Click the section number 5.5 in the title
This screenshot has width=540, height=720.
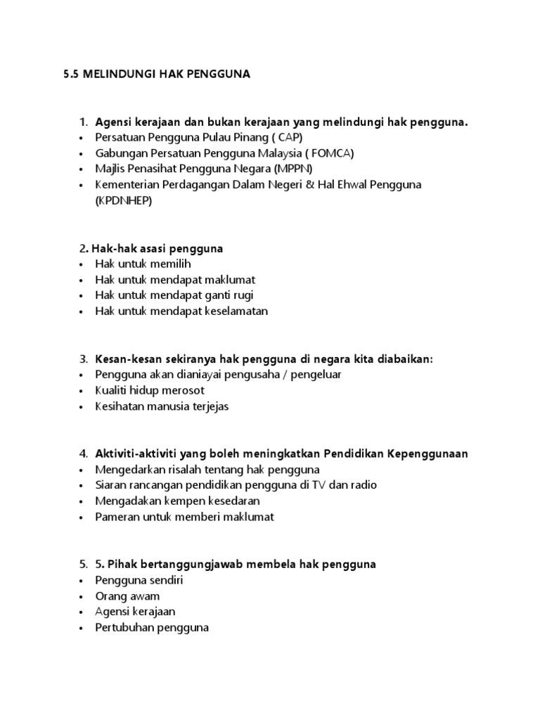click(x=72, y=74)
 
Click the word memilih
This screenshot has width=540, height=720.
click(x=169, y=264)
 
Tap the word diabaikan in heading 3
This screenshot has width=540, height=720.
click(x=404, y=359)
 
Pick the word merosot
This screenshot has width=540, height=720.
click(x=186, y=390)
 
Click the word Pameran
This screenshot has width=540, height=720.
click(x=117, y=517)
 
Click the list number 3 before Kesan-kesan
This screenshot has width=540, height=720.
click(x=82, y=359)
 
